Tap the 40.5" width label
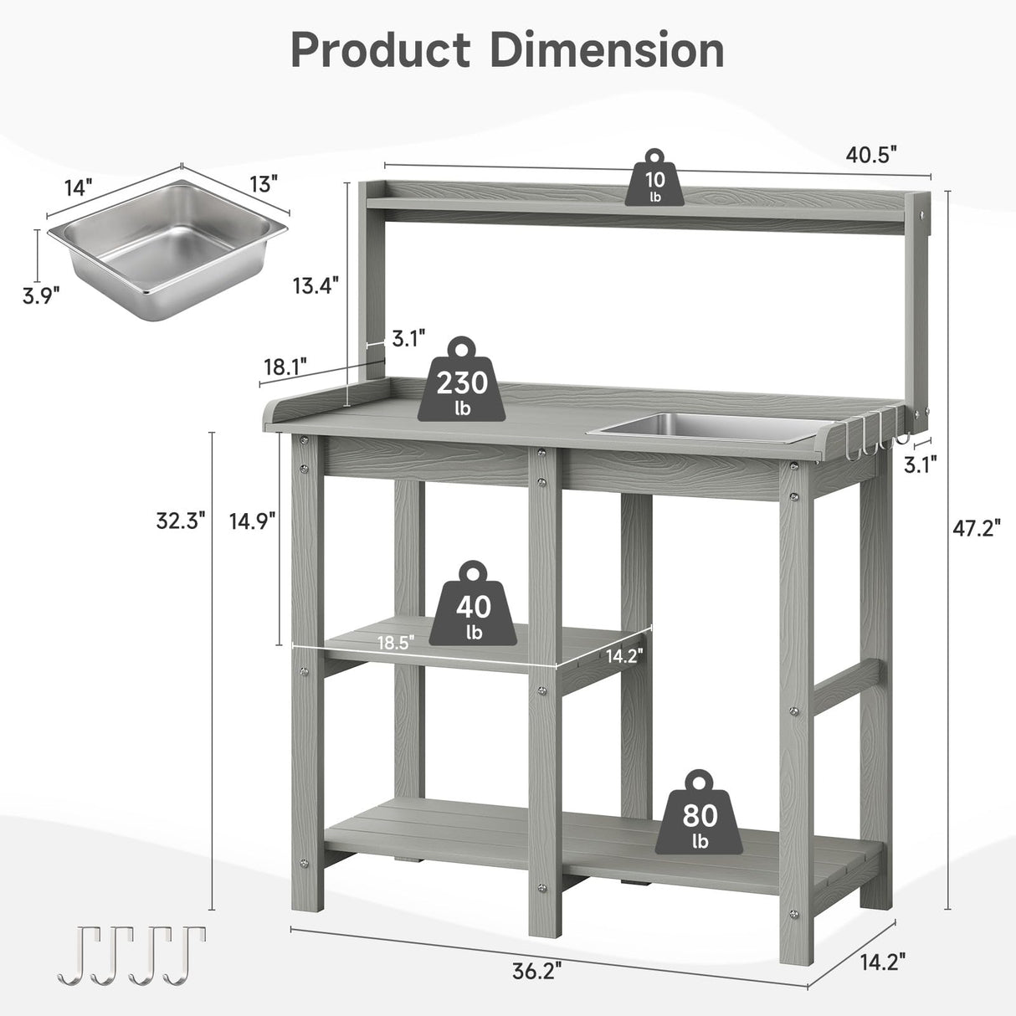[871, 154]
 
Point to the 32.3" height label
[180, 521]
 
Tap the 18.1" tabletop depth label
[285, 367]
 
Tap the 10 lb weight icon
[654, 178]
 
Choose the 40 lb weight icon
[474, 604]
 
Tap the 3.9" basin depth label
[40, 295]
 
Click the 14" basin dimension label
[79, 187]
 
